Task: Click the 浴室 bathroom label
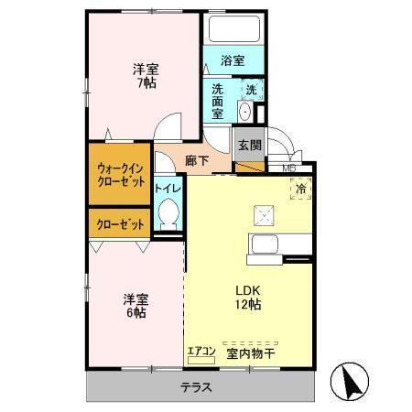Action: [x=233, y=61]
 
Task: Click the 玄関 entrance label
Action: [x=249, y=144]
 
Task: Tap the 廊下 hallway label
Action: [x=196, y=160]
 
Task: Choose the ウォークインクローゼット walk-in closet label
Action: [x=121, y=174]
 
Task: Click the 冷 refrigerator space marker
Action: [x=301, y=189]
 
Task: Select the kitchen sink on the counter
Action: [x=266, y=244]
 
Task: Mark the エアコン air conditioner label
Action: [x=201, y=350]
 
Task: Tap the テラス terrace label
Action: [x=196, y=387]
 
